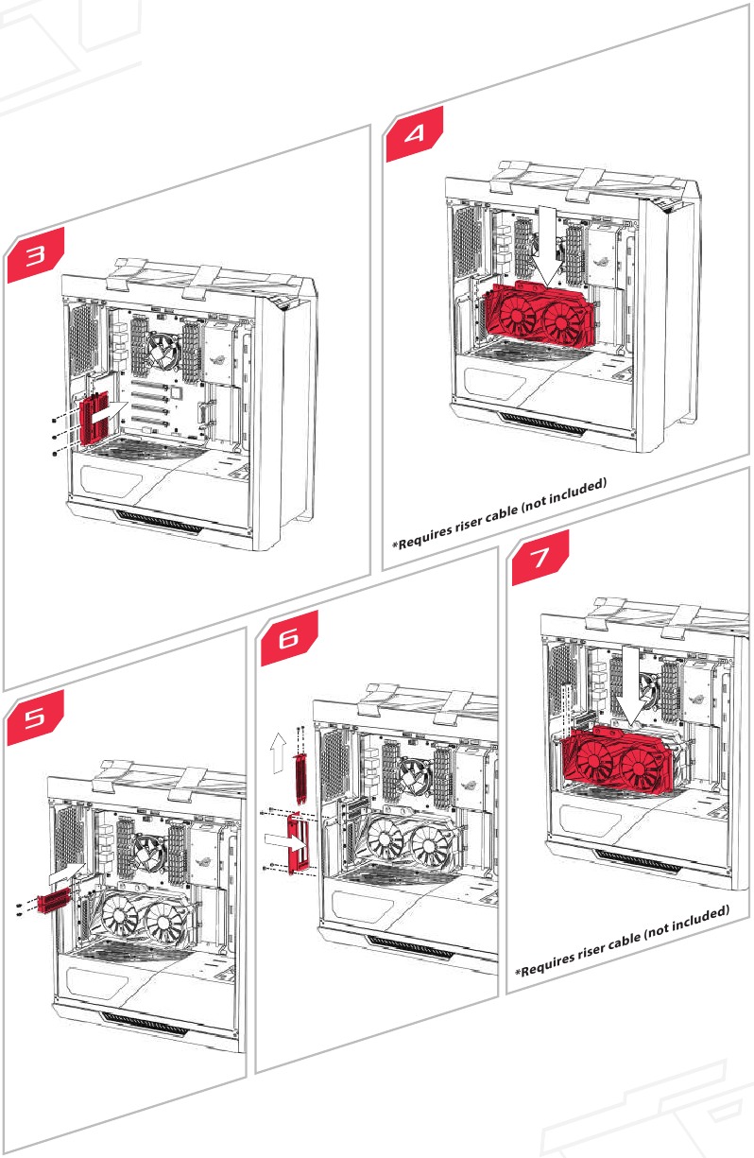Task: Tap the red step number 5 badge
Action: [x=35, y=720]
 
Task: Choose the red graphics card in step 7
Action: [x=614, y=756]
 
